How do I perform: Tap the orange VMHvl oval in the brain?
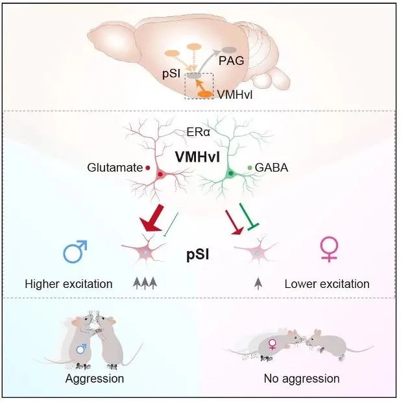[x=206, y=94]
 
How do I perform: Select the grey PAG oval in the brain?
[x=229, y=49]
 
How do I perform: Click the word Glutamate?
[x=114, y=168]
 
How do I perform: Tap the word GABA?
[x=273, y=168]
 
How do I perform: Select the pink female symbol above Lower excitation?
[x=329, y=250]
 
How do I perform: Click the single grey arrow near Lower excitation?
[x=258, y=283]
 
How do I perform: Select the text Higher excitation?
[x=69, y=284]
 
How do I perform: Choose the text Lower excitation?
[x=327, y=284]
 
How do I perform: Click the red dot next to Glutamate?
[x=148, y=168]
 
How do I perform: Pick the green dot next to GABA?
[x=250, y=168]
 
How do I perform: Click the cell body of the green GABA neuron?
[x=230, y=174]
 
